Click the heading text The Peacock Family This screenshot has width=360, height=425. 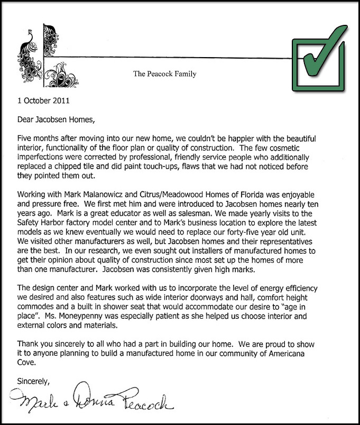[164, 74]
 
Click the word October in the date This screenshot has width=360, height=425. [35, 100]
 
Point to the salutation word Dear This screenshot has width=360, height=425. [26, 119]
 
